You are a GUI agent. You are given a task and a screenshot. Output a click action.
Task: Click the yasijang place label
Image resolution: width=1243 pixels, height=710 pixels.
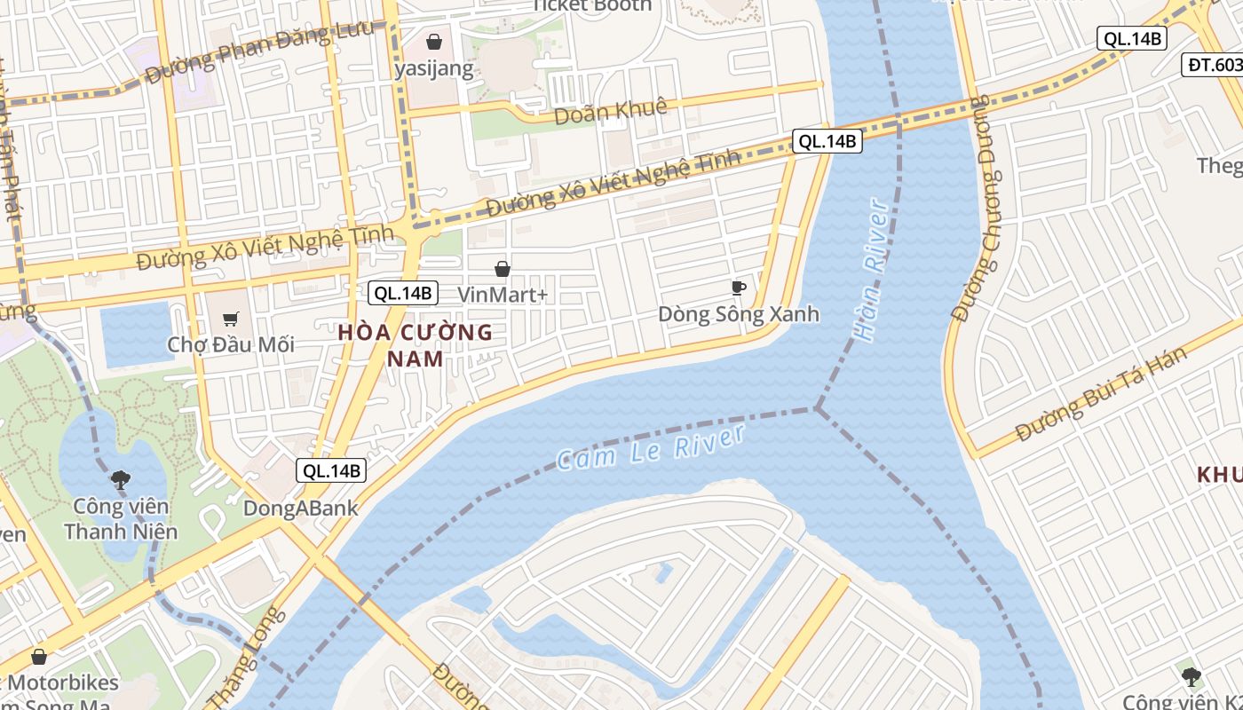tap(434, 68)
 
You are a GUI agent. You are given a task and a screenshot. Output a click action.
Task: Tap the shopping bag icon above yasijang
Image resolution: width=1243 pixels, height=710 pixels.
tap(434, 42)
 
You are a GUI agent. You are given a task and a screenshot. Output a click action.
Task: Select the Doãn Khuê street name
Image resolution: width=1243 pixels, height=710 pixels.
tap(610, 112)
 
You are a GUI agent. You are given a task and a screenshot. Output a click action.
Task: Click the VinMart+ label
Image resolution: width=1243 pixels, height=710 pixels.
tap(503, 294)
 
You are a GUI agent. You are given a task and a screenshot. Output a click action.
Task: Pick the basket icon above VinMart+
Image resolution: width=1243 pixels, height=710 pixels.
tap(503, 268)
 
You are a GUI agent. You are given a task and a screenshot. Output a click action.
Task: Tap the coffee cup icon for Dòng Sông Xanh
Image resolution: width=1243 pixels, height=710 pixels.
tap(738, 287)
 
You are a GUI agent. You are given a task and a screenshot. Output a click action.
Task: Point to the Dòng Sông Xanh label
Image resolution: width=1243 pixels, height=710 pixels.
tap(739, 314)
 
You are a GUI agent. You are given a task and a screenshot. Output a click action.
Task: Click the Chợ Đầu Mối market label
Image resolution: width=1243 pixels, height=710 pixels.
tap(231, 344)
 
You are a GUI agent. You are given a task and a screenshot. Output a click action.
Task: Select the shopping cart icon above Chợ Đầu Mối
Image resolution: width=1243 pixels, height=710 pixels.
tap(231, 319)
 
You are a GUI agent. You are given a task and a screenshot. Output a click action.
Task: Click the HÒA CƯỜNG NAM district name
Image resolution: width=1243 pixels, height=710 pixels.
tap(416, 345)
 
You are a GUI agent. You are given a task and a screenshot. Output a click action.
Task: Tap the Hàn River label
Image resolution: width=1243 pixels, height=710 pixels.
tap(870, 271)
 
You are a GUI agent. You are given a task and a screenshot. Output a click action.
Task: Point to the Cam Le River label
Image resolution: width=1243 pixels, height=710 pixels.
tap(650, 447)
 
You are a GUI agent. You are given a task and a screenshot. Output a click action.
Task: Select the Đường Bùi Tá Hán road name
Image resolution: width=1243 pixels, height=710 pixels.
tap(1101, 394)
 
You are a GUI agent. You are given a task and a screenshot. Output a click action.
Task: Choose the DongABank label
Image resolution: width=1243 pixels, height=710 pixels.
tap(301, 509)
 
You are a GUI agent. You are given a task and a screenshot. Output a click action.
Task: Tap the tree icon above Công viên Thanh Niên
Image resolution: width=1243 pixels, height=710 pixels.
tap(121, 481)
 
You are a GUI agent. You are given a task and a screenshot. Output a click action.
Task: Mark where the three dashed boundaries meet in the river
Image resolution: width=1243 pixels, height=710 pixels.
tap(817, 409)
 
